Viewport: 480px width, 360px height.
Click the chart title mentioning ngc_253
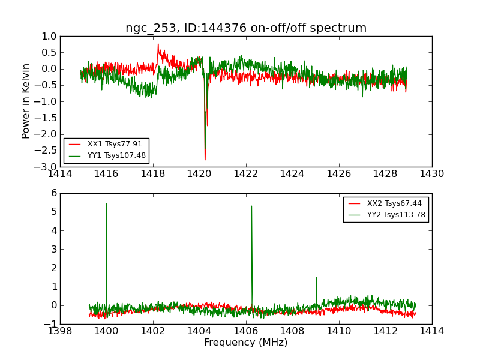pos(246,28)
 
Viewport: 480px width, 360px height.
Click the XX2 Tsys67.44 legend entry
pos(394,203)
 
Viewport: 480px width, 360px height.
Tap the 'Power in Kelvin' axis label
pos(26,101)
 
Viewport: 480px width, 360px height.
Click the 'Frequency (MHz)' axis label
pos(246,343)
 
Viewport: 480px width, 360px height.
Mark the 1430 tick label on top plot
pos(431,174)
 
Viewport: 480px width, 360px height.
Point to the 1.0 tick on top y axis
pos(49,36)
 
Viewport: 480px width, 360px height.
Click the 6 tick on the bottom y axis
pos(54,193)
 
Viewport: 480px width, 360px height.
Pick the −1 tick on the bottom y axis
pos(50,324)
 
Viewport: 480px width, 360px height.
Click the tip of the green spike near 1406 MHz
pos(251,206)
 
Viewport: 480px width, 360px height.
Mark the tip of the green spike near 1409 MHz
pos(316,277)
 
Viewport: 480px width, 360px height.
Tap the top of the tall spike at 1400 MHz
pos(107,203)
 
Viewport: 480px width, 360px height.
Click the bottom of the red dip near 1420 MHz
pos(205,160)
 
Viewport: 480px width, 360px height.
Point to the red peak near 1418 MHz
pos(158,44)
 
